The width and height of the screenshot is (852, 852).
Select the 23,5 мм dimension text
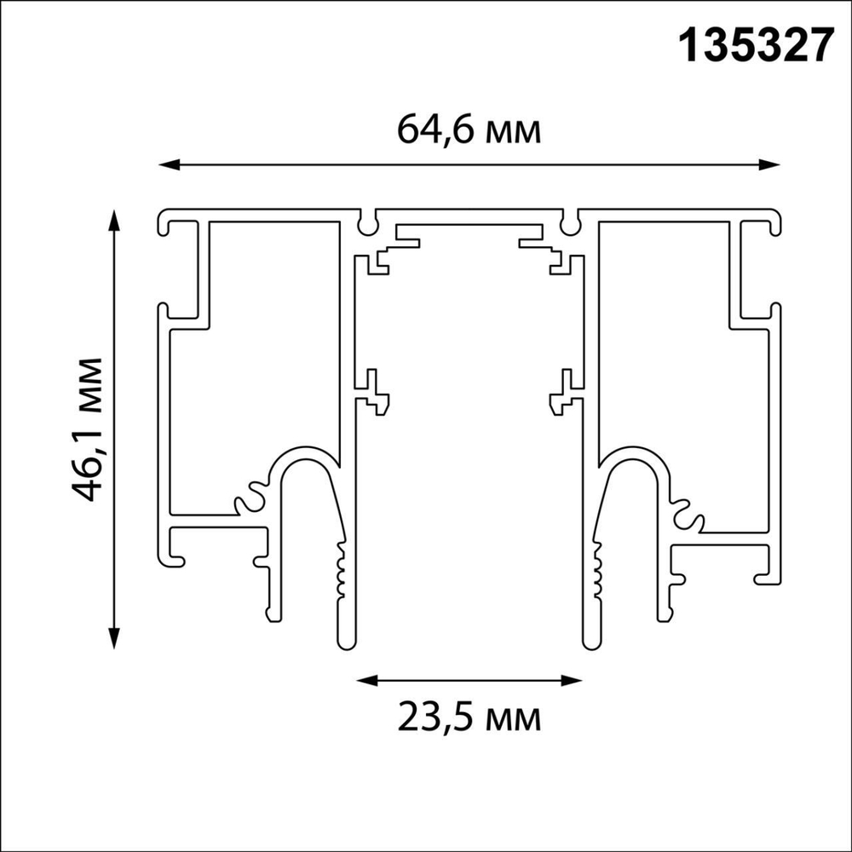pyautogui.click(x=469, y=718)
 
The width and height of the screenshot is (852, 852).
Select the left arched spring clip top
pyautogui.click(x=303, y=456)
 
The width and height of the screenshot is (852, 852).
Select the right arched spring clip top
pyautogui.click(x=635, y=456)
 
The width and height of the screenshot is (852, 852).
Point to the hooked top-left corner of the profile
pyautogui.click(x=165, y=224)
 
